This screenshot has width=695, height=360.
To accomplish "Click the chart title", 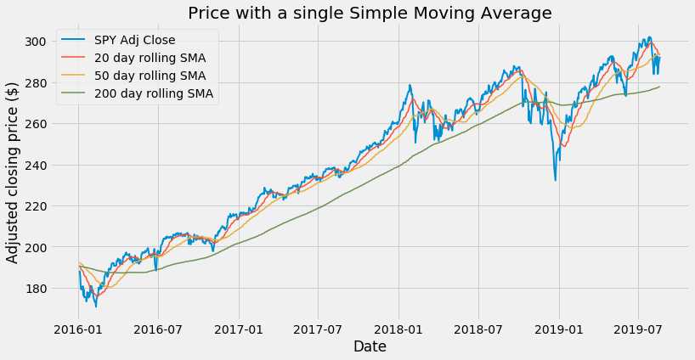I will pos(370,13).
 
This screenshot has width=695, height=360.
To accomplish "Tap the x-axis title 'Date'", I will pos(370,346).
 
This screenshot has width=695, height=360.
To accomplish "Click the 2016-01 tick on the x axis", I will pos(78,327).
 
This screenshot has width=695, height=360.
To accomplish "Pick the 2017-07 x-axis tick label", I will pos(319,327).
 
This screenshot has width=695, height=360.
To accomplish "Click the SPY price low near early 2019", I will pos(556,180).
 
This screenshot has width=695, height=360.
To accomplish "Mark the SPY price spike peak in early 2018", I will pos(410,85).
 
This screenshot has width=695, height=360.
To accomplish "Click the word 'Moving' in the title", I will pos(437,13).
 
